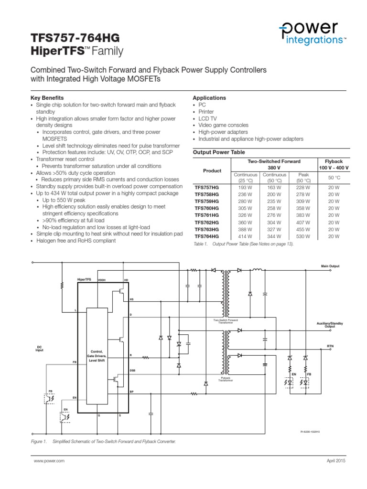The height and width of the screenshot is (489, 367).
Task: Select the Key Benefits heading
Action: pyautogui.click(x=46, y=98)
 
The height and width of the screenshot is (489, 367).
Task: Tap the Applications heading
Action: pyautogui.click(x=209, y=98)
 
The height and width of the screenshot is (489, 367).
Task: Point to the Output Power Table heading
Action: pyautogui.click(x=218, y=152)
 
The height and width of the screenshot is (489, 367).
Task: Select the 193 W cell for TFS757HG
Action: pyautogui.click(x=245, y=187)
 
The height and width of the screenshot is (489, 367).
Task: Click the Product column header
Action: pyautogui.click(x=212, y=170)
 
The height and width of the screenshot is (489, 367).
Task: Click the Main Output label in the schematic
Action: pyautogui.click(x=330, y=266)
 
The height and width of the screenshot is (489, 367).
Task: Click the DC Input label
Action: pyautogui.click(x=40, y=349)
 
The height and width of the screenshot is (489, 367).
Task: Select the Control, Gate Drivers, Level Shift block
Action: pyautogui.click(x=99, y=356)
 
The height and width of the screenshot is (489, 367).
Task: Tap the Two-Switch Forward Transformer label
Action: pyautogui.click(x=226, y=321)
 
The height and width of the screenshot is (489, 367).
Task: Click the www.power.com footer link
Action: pyautogui.click(x=49, y=461)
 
